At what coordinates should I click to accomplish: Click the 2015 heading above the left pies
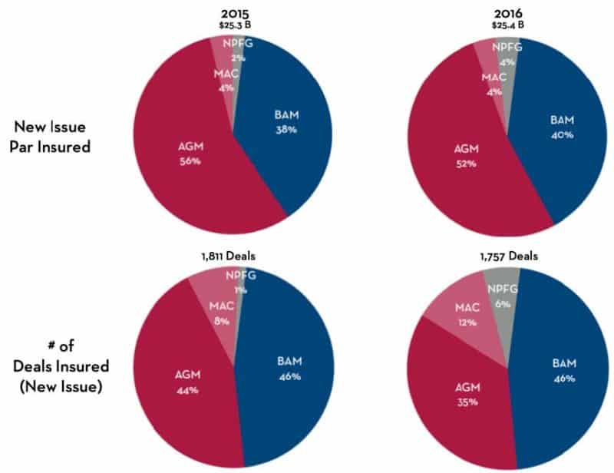(233, 13)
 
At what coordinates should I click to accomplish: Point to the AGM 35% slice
(458, 392)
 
